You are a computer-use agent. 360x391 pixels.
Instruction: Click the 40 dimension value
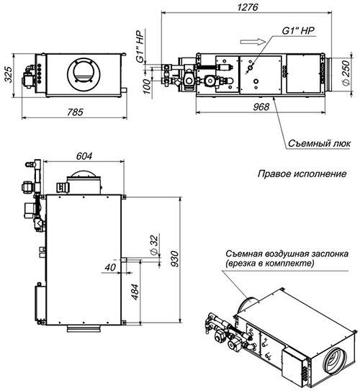pos(110,267)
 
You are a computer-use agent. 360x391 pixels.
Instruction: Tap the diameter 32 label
pos(152,245)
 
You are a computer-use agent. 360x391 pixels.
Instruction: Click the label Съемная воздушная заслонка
pos(287,254)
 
